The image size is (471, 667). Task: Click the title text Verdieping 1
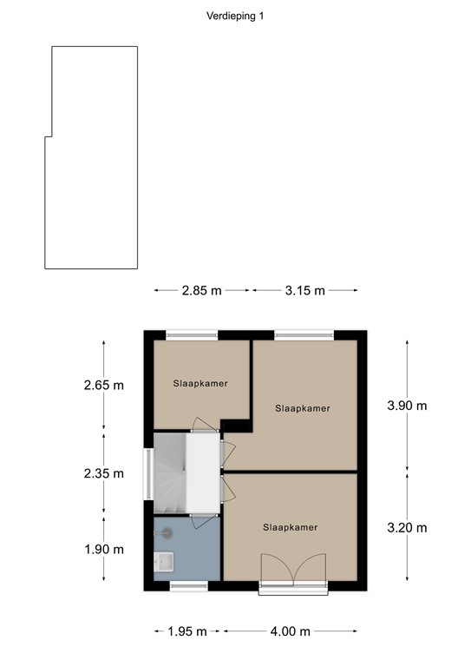[x=235, y=16]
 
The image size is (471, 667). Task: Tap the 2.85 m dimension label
[x=201, y=291]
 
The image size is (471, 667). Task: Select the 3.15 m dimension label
[x=304, y=291]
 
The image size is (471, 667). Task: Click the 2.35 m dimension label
[x=104, y=473]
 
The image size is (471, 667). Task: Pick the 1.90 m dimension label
[x=104, y=549]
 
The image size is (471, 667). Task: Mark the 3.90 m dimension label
[x=408, y=406]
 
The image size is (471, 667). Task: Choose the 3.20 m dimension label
[x=408, y=527]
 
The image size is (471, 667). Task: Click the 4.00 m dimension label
[x=291, y=631]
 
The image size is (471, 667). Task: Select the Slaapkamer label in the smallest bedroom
[x=200, y=383]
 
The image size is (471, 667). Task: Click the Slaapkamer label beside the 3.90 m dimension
[x=303, y=407]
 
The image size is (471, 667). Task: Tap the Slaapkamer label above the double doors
[x=290, y=527]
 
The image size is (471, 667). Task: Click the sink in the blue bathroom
[x=164, y=563]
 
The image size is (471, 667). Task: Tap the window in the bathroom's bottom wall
[x=188, y=586]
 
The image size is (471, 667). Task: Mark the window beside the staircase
[x=147, y=473]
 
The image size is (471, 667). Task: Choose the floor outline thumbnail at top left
[x=92, y=157]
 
